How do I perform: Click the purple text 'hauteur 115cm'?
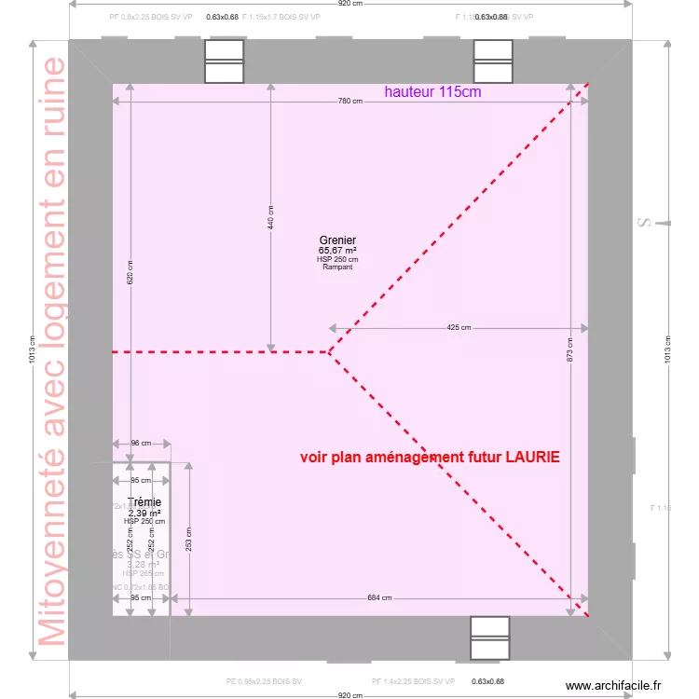point(432,92)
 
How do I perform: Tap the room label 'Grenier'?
point(337,240)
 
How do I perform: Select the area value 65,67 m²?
point(337,251)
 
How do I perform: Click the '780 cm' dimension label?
point(350,102)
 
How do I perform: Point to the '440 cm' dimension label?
point(271,217)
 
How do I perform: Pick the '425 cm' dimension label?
point(459,327)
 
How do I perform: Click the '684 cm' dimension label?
point(379,597)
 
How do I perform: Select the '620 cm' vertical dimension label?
point(130,271)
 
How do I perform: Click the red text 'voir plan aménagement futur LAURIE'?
point(430,458)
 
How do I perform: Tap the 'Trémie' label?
point(144,502)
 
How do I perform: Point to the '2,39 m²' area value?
point(144,513)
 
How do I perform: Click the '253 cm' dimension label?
point(189,538)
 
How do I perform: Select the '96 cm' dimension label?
point(141,444)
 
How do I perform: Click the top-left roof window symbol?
point(224,62)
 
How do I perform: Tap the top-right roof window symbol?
point(493,62)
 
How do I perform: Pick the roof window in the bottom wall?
point(490,638)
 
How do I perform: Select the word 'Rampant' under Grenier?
point(337,267)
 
